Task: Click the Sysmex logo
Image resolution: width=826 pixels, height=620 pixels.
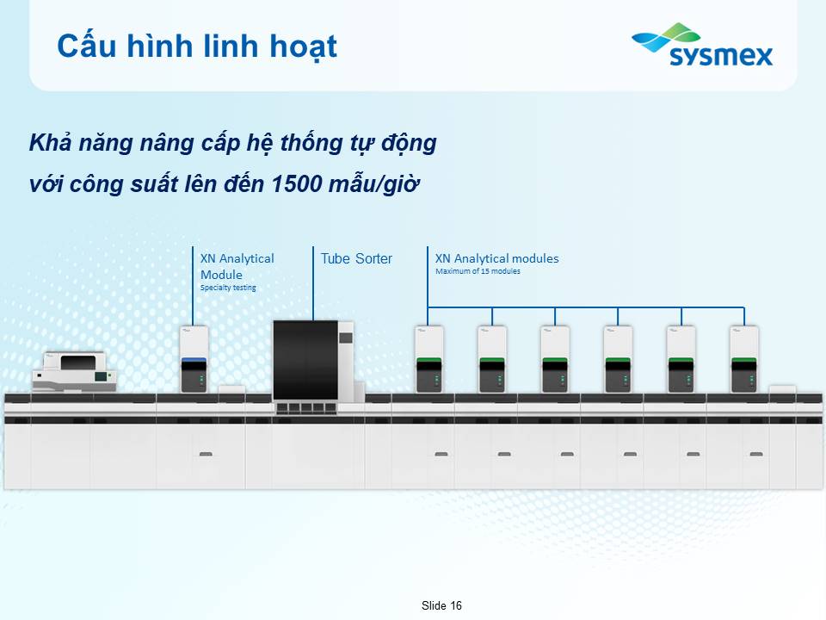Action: (702, 45)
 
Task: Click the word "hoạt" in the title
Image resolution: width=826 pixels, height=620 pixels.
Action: (304, 46)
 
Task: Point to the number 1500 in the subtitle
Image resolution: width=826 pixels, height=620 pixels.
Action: (297, 183)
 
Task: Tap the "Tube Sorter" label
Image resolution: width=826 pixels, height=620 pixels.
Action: (356, 258)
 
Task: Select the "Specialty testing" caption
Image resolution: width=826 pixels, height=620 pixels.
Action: (228, 288)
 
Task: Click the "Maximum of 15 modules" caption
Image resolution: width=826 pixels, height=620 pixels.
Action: (478, 271)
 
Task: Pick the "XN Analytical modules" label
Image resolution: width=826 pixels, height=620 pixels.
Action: (496, 258)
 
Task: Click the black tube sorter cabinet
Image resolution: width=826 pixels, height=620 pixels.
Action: (305, 360)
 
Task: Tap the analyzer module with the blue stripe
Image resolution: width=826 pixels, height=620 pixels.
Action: (194, 359)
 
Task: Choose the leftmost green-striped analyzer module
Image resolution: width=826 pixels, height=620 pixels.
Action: (428, 359)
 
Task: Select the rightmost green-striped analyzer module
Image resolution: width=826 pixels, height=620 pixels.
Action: (743, 359)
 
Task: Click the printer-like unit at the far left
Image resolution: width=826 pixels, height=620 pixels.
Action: (74, 372)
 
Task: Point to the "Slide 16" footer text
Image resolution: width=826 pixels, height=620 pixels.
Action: (441, 605)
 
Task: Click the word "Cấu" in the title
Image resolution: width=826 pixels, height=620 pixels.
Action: (86, 46)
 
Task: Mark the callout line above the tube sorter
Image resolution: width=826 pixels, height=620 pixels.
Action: (313, 283)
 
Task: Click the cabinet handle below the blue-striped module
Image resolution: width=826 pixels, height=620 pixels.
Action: (206, 454)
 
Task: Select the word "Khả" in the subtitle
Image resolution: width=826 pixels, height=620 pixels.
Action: (50, 142)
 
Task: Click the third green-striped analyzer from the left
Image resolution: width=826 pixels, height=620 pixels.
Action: (555, 359)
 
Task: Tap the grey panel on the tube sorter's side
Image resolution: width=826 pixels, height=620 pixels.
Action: (346, 338)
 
